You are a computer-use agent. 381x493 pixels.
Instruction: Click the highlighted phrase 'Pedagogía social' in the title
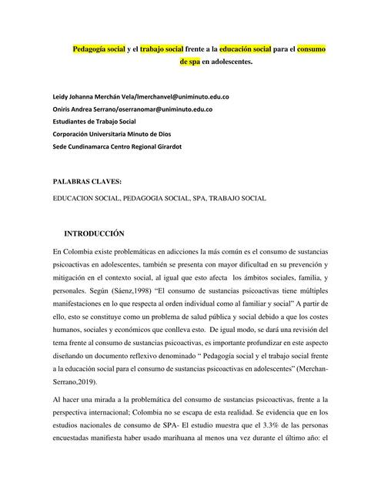pos(98,49)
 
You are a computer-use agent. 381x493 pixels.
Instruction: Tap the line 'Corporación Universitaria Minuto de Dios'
pos(115,133)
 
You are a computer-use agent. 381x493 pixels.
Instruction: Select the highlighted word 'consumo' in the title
pos(311,49)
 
